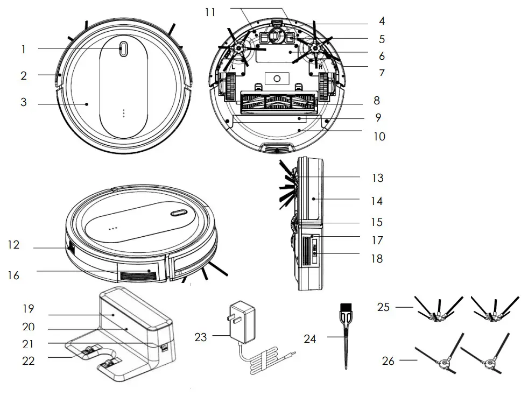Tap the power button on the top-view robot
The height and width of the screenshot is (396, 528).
tap(123, 48)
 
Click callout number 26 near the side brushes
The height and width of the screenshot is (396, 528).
tap(388, 360)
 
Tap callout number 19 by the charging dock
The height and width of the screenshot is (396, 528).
tap(28, 309)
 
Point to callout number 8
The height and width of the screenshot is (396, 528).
tap(376, 101)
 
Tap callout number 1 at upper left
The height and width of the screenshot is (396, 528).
tap(23, 49)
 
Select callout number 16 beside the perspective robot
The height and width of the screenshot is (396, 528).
tap(13, 275)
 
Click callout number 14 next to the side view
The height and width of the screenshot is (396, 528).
tap(377, 201)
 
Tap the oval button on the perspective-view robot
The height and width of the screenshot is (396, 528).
tap(179, 213)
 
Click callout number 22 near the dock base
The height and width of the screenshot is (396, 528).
tap(28, 360)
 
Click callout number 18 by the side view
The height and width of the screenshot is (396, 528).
tap(377, 258)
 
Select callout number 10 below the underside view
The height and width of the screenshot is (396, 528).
tap(379, 136)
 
